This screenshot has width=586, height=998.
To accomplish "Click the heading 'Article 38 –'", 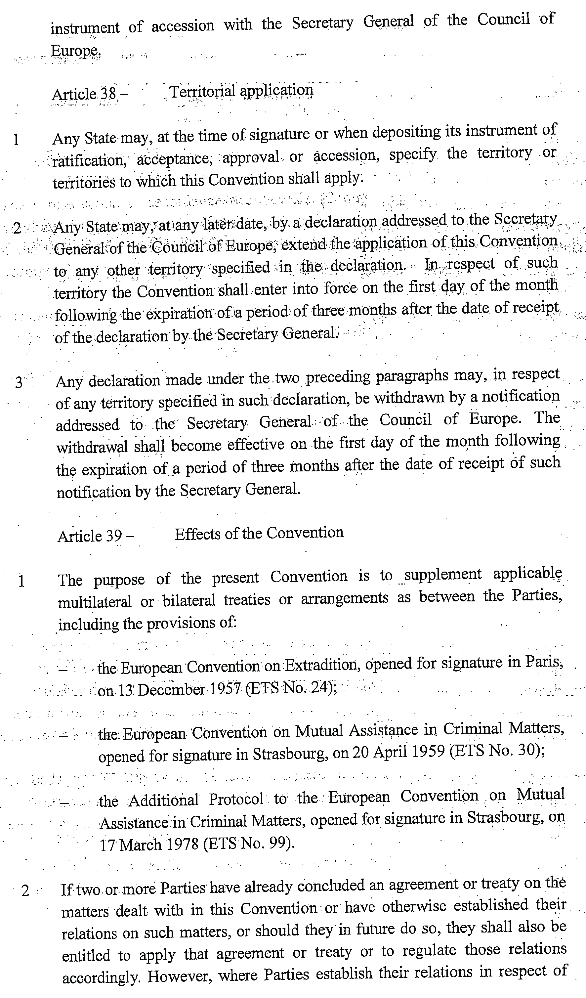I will pos(90,94).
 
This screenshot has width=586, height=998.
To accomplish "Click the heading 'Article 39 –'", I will pos(96,536).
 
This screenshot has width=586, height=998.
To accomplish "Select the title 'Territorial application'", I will pos(241,91).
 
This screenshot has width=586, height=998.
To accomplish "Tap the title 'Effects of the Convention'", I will pos(259,533).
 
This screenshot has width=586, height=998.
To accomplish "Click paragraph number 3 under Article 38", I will pos(19,383).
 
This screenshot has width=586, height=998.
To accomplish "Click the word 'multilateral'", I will pos(94,602).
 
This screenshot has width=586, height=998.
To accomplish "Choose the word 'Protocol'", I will pos(236,799).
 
